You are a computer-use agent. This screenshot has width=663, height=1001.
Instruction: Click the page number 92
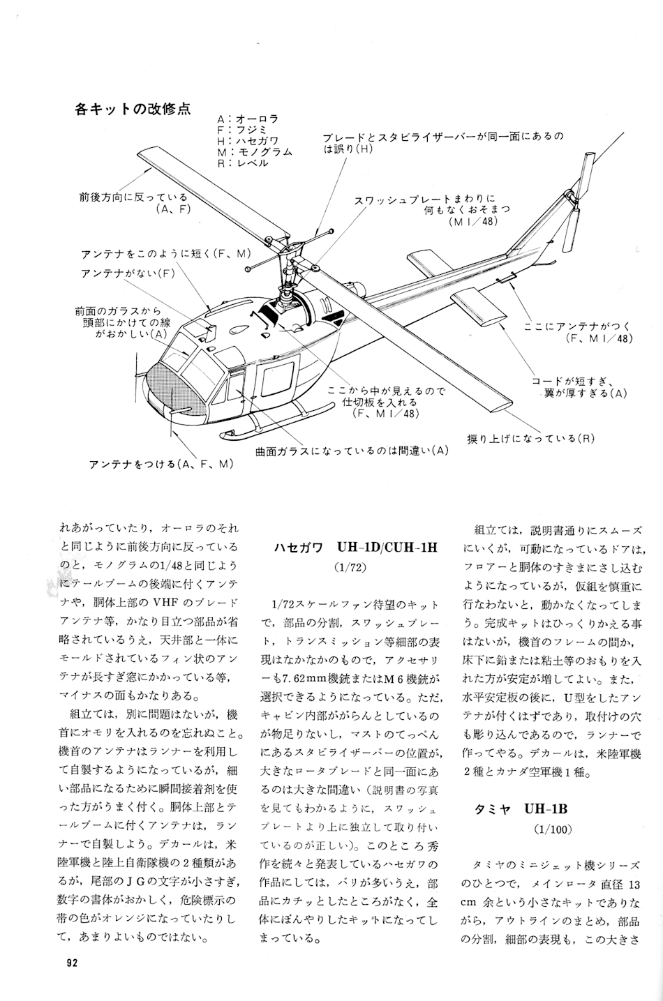click(x=71, y=963)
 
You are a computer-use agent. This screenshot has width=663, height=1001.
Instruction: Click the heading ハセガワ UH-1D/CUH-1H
click(x=355, y=546)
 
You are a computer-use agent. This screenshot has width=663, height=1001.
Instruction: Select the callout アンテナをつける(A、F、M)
click(x=161, y=464)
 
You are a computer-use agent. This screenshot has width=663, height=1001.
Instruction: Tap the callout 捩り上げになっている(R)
click(x=531, y=438)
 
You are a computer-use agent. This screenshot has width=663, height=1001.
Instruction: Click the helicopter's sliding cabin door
click(x=276, y=384)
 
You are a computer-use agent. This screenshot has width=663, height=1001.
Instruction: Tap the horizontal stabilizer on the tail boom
click(x=482, y=307)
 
